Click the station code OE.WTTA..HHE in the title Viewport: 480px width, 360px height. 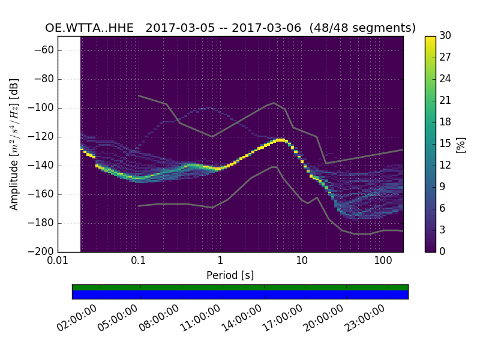(x=92, y=28)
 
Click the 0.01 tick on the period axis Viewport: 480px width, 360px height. (x=58, y=261)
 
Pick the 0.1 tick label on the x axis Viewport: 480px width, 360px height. (x=139, y=261)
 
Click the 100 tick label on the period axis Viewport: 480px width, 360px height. (x=383, y=261)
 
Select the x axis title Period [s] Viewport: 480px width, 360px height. (x=230, y=275)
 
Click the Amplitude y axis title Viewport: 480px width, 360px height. (x=14, y=144)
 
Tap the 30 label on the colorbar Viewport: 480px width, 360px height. (x=446, y=36)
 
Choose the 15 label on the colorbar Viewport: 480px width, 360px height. (x=446, y=144)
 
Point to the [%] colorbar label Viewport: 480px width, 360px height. (x=461, y=144)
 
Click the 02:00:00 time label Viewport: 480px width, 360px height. (x=77, y=319)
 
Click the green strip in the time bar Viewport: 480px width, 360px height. (x=240, y=287)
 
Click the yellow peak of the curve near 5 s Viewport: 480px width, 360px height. (x=280, y=140)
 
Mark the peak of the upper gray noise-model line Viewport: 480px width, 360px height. (x=274, y=103)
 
